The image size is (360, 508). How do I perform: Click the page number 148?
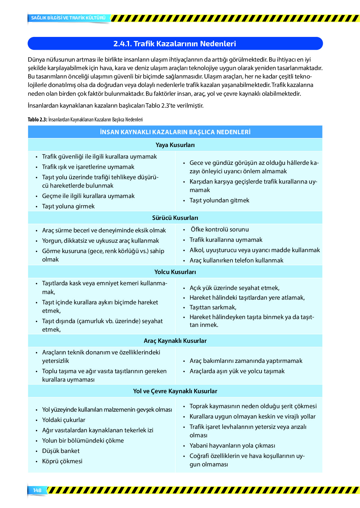[37, 490]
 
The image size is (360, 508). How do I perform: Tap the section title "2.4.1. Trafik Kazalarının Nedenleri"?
[175, 43]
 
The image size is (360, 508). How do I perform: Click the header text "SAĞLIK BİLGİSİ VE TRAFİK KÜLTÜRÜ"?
[68, 18]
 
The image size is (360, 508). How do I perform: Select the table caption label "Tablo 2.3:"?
[37, 119]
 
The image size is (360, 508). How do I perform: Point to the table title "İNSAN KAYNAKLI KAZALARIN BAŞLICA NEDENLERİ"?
[175, 132]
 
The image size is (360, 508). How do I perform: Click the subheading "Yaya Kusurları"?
[175, 145]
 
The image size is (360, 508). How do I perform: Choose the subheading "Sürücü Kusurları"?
[175, 218]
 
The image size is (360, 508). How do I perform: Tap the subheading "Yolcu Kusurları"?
[175, 272]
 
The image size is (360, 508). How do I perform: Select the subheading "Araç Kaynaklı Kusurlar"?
[175, 341]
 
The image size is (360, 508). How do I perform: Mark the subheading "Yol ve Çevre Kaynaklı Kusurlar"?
[175, 391]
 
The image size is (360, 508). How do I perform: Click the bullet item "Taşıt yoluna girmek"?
[68, 206]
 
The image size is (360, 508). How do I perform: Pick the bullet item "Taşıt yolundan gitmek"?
[219, 200]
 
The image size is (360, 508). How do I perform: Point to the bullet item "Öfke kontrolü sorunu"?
[220, 229]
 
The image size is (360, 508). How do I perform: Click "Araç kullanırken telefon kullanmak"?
[236, 260]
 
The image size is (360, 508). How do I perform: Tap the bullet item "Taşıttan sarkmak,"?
[213, 307]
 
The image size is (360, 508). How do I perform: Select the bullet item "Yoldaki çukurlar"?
[63, 420]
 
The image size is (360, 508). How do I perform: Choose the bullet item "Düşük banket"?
[61, 451]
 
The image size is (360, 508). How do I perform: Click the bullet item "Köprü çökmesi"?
[62, 461]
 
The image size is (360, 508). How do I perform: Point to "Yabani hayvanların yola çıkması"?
[232, 445]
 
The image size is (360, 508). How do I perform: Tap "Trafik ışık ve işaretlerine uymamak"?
[88, 167]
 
